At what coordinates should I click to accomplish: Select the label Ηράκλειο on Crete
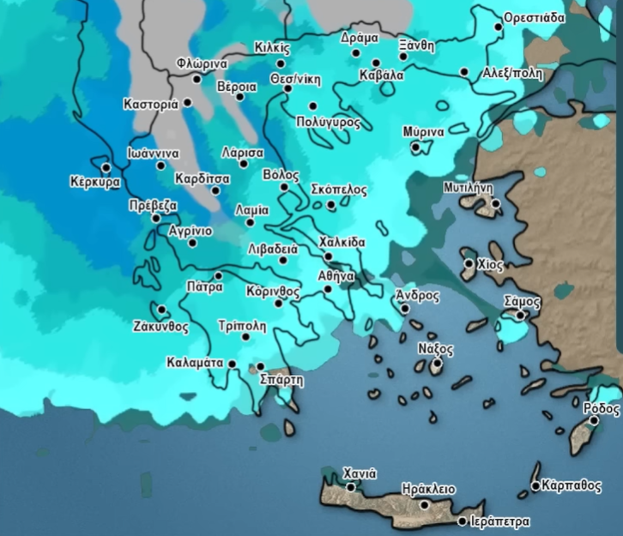pyautogui.click(x=427, y=488)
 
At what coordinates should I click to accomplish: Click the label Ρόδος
pyautogui.click(x=602, y=408)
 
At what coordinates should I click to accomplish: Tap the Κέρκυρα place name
pyautogui.click(x=94, y=183)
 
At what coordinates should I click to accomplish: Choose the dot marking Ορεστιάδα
pyautogui.click(x=499, y=27)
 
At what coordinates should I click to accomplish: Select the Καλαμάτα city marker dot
pyautogui.click(x=232, y=364)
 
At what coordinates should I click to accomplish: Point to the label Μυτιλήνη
pyautogui.click(x=468, y=187)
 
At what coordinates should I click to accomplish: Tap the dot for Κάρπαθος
pyautogui.click(x=535, y=486)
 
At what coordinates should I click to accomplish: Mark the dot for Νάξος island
pyautogui.click(x=437, y=364)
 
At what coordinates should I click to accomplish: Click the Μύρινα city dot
pyautogui.click(x=416, y=147)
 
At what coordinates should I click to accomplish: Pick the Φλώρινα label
pyautogui.click(x=201, y=63)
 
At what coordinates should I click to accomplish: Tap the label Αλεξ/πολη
pyautogui.click(x=513, y=73)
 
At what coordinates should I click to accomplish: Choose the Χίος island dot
pyautogui.click(x=469, y=264)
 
